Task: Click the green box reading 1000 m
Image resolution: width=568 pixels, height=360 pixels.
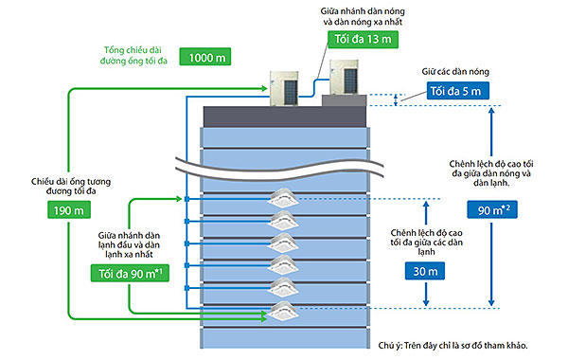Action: [205, 57]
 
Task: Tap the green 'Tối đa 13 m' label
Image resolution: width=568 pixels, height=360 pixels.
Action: [363, 39]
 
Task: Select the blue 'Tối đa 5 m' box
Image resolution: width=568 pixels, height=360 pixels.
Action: [458, 91]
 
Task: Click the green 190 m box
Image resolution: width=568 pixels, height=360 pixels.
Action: [69, 210]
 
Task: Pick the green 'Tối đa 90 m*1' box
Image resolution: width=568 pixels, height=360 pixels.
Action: [130, 273]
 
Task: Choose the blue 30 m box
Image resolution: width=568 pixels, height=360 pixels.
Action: [425, 271]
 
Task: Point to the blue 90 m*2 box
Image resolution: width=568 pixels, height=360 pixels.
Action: [492, 209]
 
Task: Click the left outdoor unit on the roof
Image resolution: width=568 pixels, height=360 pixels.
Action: [284, 88]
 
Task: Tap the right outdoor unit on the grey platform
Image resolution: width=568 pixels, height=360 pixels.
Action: [345, 78]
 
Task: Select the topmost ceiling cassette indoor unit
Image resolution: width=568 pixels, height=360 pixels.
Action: [283, 198]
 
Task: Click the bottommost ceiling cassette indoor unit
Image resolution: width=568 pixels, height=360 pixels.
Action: [283, 311]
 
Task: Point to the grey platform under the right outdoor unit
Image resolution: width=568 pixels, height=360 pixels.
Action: [345, 100]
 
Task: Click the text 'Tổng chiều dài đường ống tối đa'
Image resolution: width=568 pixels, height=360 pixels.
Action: [133, 55]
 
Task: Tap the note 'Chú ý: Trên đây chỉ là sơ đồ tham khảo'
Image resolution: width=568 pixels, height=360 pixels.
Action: [453, 345]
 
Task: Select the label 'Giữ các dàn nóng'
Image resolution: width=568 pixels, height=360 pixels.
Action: [455, 71]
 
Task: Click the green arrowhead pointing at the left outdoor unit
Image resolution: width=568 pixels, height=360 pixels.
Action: [264, 88]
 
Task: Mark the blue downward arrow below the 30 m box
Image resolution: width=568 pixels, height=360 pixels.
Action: [426, 294]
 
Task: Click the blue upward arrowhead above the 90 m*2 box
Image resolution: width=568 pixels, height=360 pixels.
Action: [491, 111]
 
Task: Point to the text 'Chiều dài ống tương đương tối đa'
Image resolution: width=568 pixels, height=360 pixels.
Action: [71, 186]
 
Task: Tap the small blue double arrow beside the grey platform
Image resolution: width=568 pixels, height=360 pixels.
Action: [396, 99]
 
